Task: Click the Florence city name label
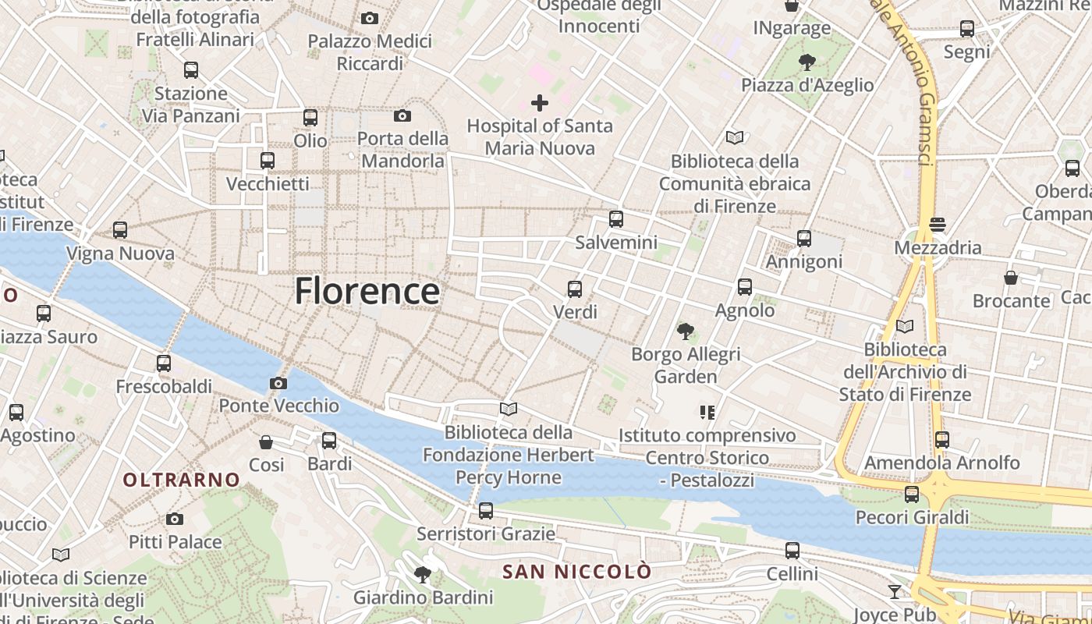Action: (367, 291)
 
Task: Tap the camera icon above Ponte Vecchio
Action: (278, 383)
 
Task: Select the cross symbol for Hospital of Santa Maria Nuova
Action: (539, 102)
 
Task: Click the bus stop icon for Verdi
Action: (575, 289)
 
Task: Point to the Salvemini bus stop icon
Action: (616, 219)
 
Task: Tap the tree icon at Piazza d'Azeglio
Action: (807, 62)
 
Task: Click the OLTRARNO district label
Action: (181, 480)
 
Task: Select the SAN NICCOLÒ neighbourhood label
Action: (576, 572)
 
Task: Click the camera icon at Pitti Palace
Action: (175, 519)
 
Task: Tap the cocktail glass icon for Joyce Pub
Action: (894, 592)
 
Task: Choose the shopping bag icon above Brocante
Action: (1011, 278)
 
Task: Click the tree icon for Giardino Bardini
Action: (423, 575)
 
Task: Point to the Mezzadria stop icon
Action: (938, 225)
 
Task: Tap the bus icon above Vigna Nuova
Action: (120, 230)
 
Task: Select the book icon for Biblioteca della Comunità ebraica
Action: (735, 138)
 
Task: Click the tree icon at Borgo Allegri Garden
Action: (686, 331)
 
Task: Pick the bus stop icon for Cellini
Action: (792, 551)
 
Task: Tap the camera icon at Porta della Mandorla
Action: (402, 116)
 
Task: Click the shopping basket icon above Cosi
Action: (266, 442)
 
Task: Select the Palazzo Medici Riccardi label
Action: (370, 51)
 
